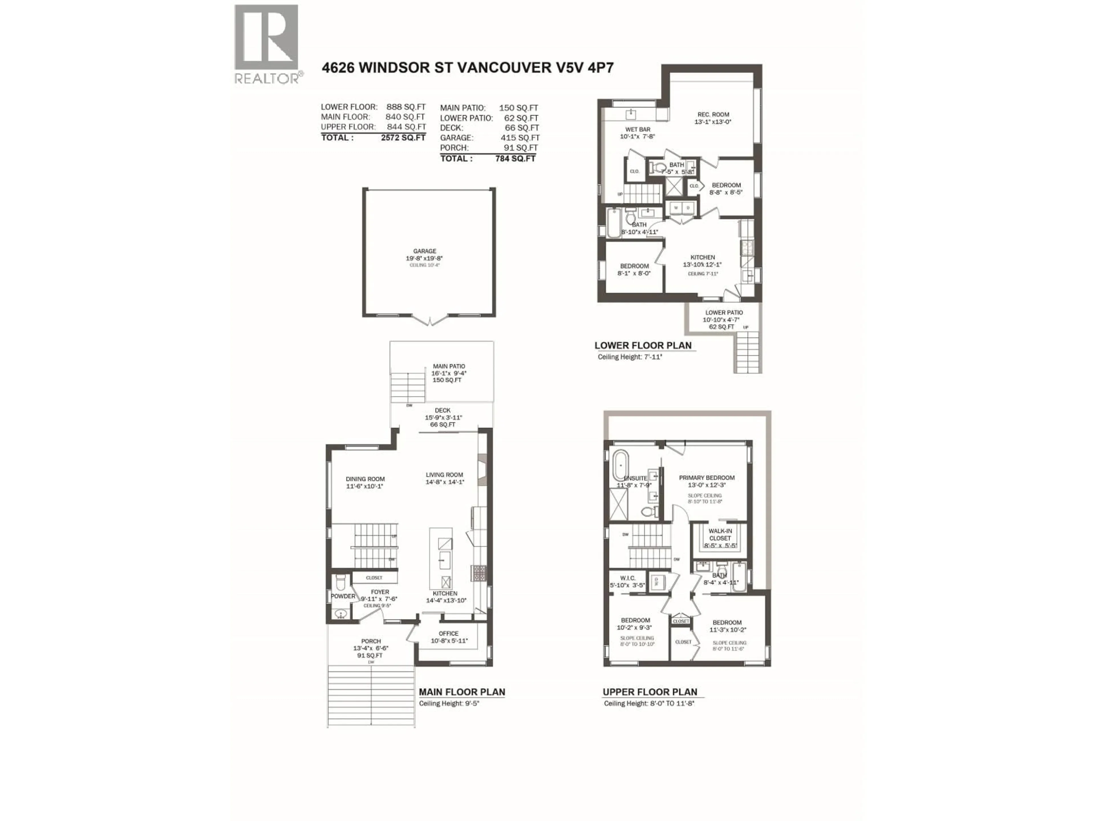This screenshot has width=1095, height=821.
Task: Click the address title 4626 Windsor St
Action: tap(467, 68)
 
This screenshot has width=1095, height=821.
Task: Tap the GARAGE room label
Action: tap(425, 251)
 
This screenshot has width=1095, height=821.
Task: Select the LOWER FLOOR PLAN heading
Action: tap(642, 346)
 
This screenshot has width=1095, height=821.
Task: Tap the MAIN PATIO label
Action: tap(449, 367)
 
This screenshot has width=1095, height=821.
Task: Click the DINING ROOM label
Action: tap(365, 479)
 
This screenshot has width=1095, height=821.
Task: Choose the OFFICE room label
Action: tap(449, 633)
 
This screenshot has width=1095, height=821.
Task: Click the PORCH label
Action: tap(371, 641)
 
